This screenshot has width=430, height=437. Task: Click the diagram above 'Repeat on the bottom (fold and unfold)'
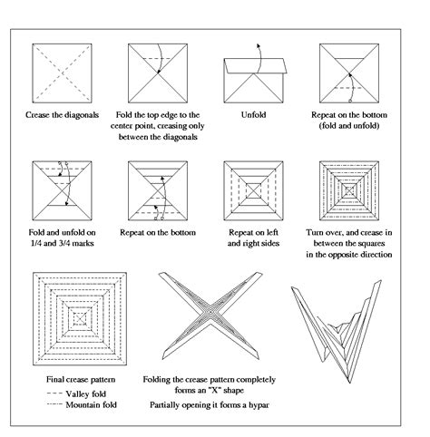click(x=348, y=74)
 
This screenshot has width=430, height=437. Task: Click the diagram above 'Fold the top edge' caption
click(x=160, y=74)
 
